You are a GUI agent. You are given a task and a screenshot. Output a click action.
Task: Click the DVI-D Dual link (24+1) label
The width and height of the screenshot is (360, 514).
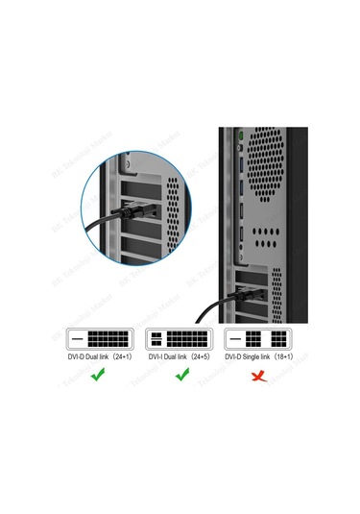click(98, 355)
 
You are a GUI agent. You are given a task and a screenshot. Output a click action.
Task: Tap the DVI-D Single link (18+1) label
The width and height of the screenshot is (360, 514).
click(257, 355)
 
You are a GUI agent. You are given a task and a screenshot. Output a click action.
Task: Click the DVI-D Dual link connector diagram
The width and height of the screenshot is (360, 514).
click(99, 339)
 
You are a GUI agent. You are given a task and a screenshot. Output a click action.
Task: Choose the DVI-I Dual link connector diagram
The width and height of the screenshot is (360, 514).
click(180, 339)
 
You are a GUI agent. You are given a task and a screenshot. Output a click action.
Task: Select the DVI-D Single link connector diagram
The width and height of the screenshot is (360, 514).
click(257, 339)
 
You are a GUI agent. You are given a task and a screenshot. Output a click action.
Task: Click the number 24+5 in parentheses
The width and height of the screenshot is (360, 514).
click(201, 355)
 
